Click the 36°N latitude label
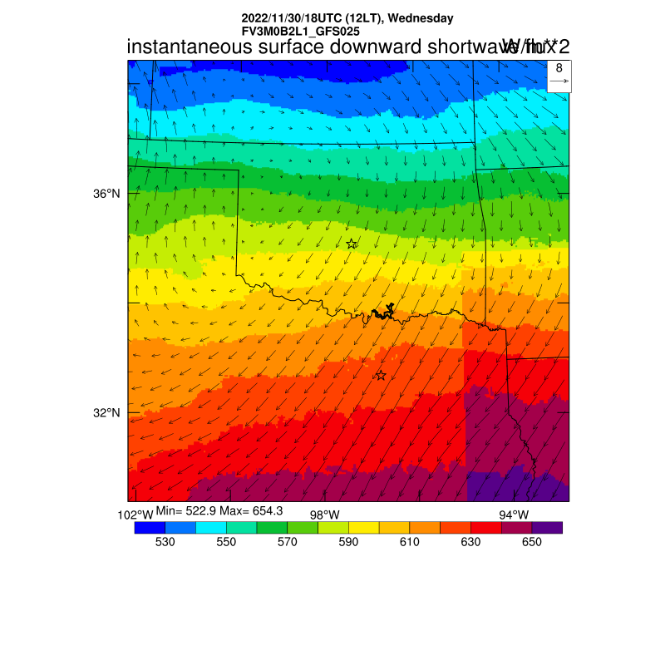click(x=106, y=194)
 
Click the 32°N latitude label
click(x=106, y=413)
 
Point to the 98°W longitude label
click(x=325, y=515)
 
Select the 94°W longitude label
click(x=514, y=515)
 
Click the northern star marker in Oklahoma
click(x=352, y=244)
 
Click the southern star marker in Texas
click(x=381, y=376)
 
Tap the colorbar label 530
click(x=165, y=542)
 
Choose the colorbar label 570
click(x=287, y=542)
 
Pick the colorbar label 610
click(x=409, y=542)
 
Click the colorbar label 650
click(x=532, y=542)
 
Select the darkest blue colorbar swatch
click(x=150, y=527)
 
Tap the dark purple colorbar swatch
click(x=547, y=527)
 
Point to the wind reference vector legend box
click(x=559, y=75)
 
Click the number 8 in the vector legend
click(x=559, y=68)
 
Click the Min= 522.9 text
click(x=187, y=510)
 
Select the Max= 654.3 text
click(x=254, y=510)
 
